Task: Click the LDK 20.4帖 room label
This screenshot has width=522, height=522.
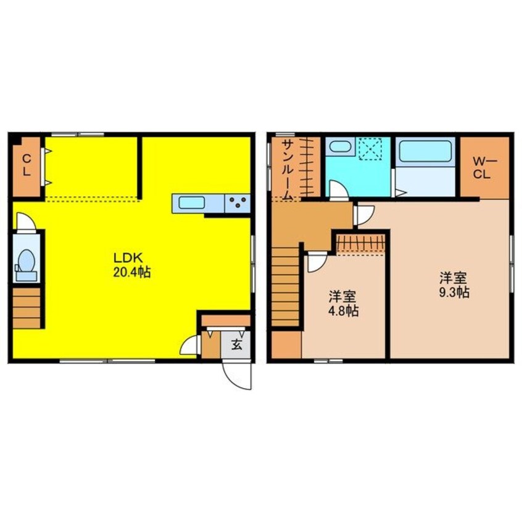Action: point(132,265)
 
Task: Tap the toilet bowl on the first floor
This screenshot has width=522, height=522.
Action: point(27,262)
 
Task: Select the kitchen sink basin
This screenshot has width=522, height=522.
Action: point(191,203)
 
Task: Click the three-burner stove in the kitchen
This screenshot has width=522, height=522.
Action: point(238,203)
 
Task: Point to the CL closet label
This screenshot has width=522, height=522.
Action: point(27,166)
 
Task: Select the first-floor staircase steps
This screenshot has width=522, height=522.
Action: point(27,308)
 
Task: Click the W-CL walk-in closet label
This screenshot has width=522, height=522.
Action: point(485,168)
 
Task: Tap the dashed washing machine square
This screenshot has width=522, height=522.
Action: point(372,149)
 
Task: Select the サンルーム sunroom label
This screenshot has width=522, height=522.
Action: point(287,170)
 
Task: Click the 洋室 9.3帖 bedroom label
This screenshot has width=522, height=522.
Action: point(454,284)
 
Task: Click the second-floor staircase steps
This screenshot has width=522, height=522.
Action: point(285,286)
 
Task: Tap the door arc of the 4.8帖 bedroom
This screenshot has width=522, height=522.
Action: point(317,263)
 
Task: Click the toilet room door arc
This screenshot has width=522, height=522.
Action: point(26,220)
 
